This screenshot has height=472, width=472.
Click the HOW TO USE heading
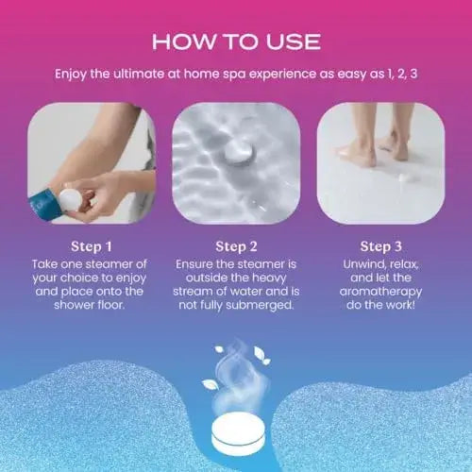coord(236,42)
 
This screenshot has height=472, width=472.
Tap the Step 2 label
coord(236,244)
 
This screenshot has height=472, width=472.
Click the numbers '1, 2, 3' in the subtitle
coord(399,74)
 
